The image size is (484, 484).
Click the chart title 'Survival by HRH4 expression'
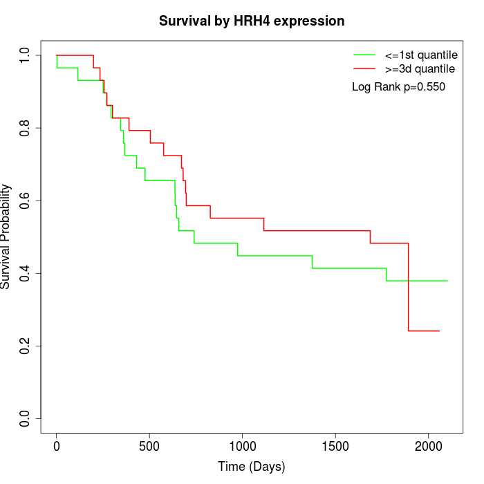click(x=252, y=21)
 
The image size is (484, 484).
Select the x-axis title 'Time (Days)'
click(x=252, y=467)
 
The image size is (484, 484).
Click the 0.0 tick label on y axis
click(x=26, y=418)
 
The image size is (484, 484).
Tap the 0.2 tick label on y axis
click(x=26, y=346)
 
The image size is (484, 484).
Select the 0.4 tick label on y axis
click(x=26, y=273)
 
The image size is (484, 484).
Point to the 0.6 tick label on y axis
click(x=26, y=201)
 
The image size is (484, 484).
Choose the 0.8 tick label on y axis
click(x=26, y=128)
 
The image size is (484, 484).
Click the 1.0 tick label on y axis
click(x=26, y=55)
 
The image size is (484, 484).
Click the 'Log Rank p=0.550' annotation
click(x=398, y=87)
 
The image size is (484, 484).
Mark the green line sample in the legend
click(x=364, y=55)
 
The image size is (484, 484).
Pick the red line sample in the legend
click(x=364, y=69)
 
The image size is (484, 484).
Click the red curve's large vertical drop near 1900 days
click(x=409, y=287)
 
